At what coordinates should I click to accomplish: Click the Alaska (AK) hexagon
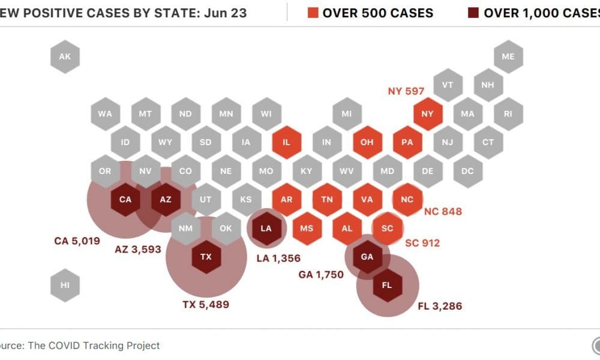(x=65, y=57)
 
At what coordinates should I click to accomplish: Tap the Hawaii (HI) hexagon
(x=65, y=285)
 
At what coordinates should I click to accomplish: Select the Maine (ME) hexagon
(x=508, y=57)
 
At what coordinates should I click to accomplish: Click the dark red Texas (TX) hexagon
(x=206, y=257)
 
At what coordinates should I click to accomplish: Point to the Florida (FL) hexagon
(x=386, y=285)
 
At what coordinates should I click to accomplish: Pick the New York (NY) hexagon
(x=427, y=114)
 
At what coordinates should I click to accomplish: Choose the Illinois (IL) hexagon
(x=286, y=143)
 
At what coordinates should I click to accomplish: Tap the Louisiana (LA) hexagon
(x=266, y=229)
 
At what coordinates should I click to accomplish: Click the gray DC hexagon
(x=467, y=171)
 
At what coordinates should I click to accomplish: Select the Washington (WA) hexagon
(x=105, y=114)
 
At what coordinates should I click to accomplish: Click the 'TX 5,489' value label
(x=206, y=305)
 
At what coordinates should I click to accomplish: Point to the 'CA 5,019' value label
(x=77, y=242)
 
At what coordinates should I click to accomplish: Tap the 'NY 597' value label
(x=406, y=91)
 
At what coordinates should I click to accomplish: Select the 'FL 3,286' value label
(x=440, y=307)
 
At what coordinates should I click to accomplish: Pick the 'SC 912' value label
(x=422, y=243)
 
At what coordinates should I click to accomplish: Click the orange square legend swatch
(x=313, y=13)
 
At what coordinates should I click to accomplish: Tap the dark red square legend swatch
(x=473, y=13)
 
